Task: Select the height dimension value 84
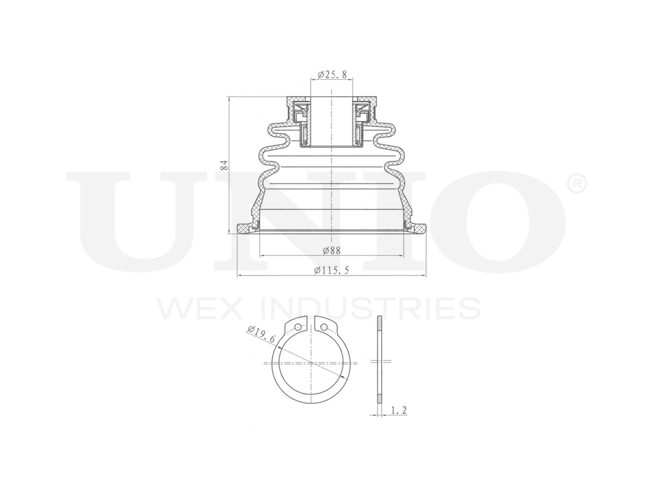(223, 164)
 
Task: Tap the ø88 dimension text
(332, 249)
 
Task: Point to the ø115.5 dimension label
(332, 270)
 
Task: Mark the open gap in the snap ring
(311, 325)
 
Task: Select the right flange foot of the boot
(417, 228)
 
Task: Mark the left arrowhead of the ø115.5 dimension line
(238, 276)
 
